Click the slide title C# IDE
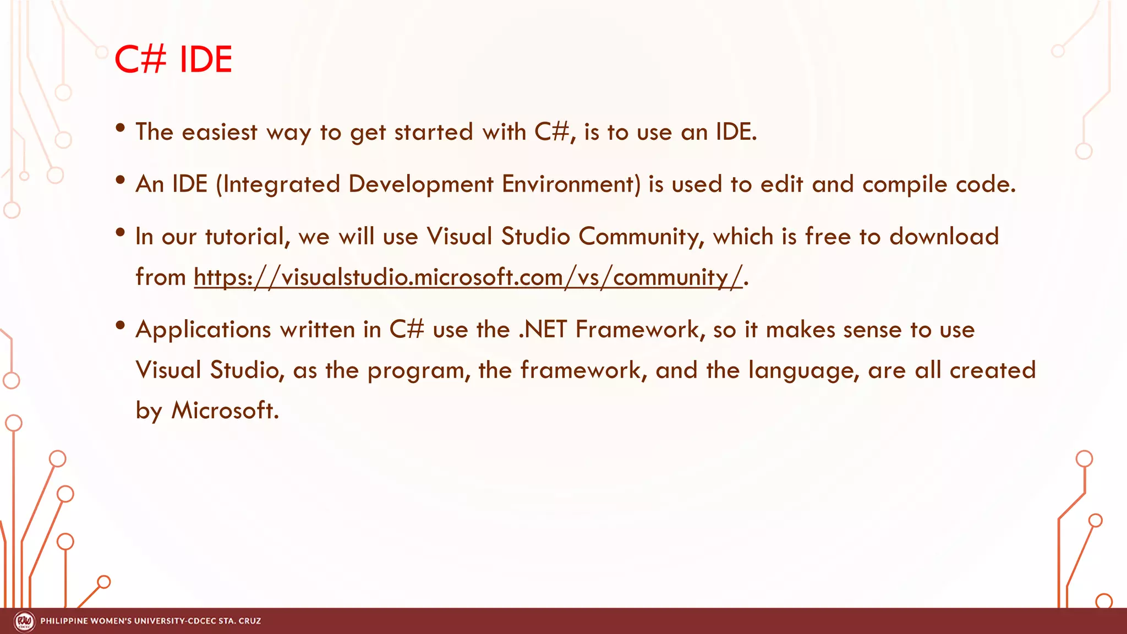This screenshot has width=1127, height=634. pyautogui.click(x=173, y=59)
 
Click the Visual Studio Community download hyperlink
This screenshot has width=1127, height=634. pyautogui.click(x=468, y=277)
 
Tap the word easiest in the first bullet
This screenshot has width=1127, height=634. pyautogui.click(x=219, y=132)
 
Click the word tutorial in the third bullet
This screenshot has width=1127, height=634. pyautogui.click(x=247, y=237)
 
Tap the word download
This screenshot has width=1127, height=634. pyautogui.click(x=944, y=237)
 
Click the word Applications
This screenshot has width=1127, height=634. pyautogui.click(x=203, y=330)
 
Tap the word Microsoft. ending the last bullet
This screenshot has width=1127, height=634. pyautogui.click(x=225, y=411)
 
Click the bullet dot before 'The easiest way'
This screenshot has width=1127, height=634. pyautogui.click(x=121, y=128)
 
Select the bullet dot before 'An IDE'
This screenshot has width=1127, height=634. pyautogui.click(x=121, y=180)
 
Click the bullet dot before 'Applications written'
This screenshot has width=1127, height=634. pyautogui.click(x=121, y=325)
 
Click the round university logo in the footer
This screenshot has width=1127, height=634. pyautogui.click(x=24, y=621)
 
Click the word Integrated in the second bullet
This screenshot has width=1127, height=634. pyautogui.click(x=281, y=184)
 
